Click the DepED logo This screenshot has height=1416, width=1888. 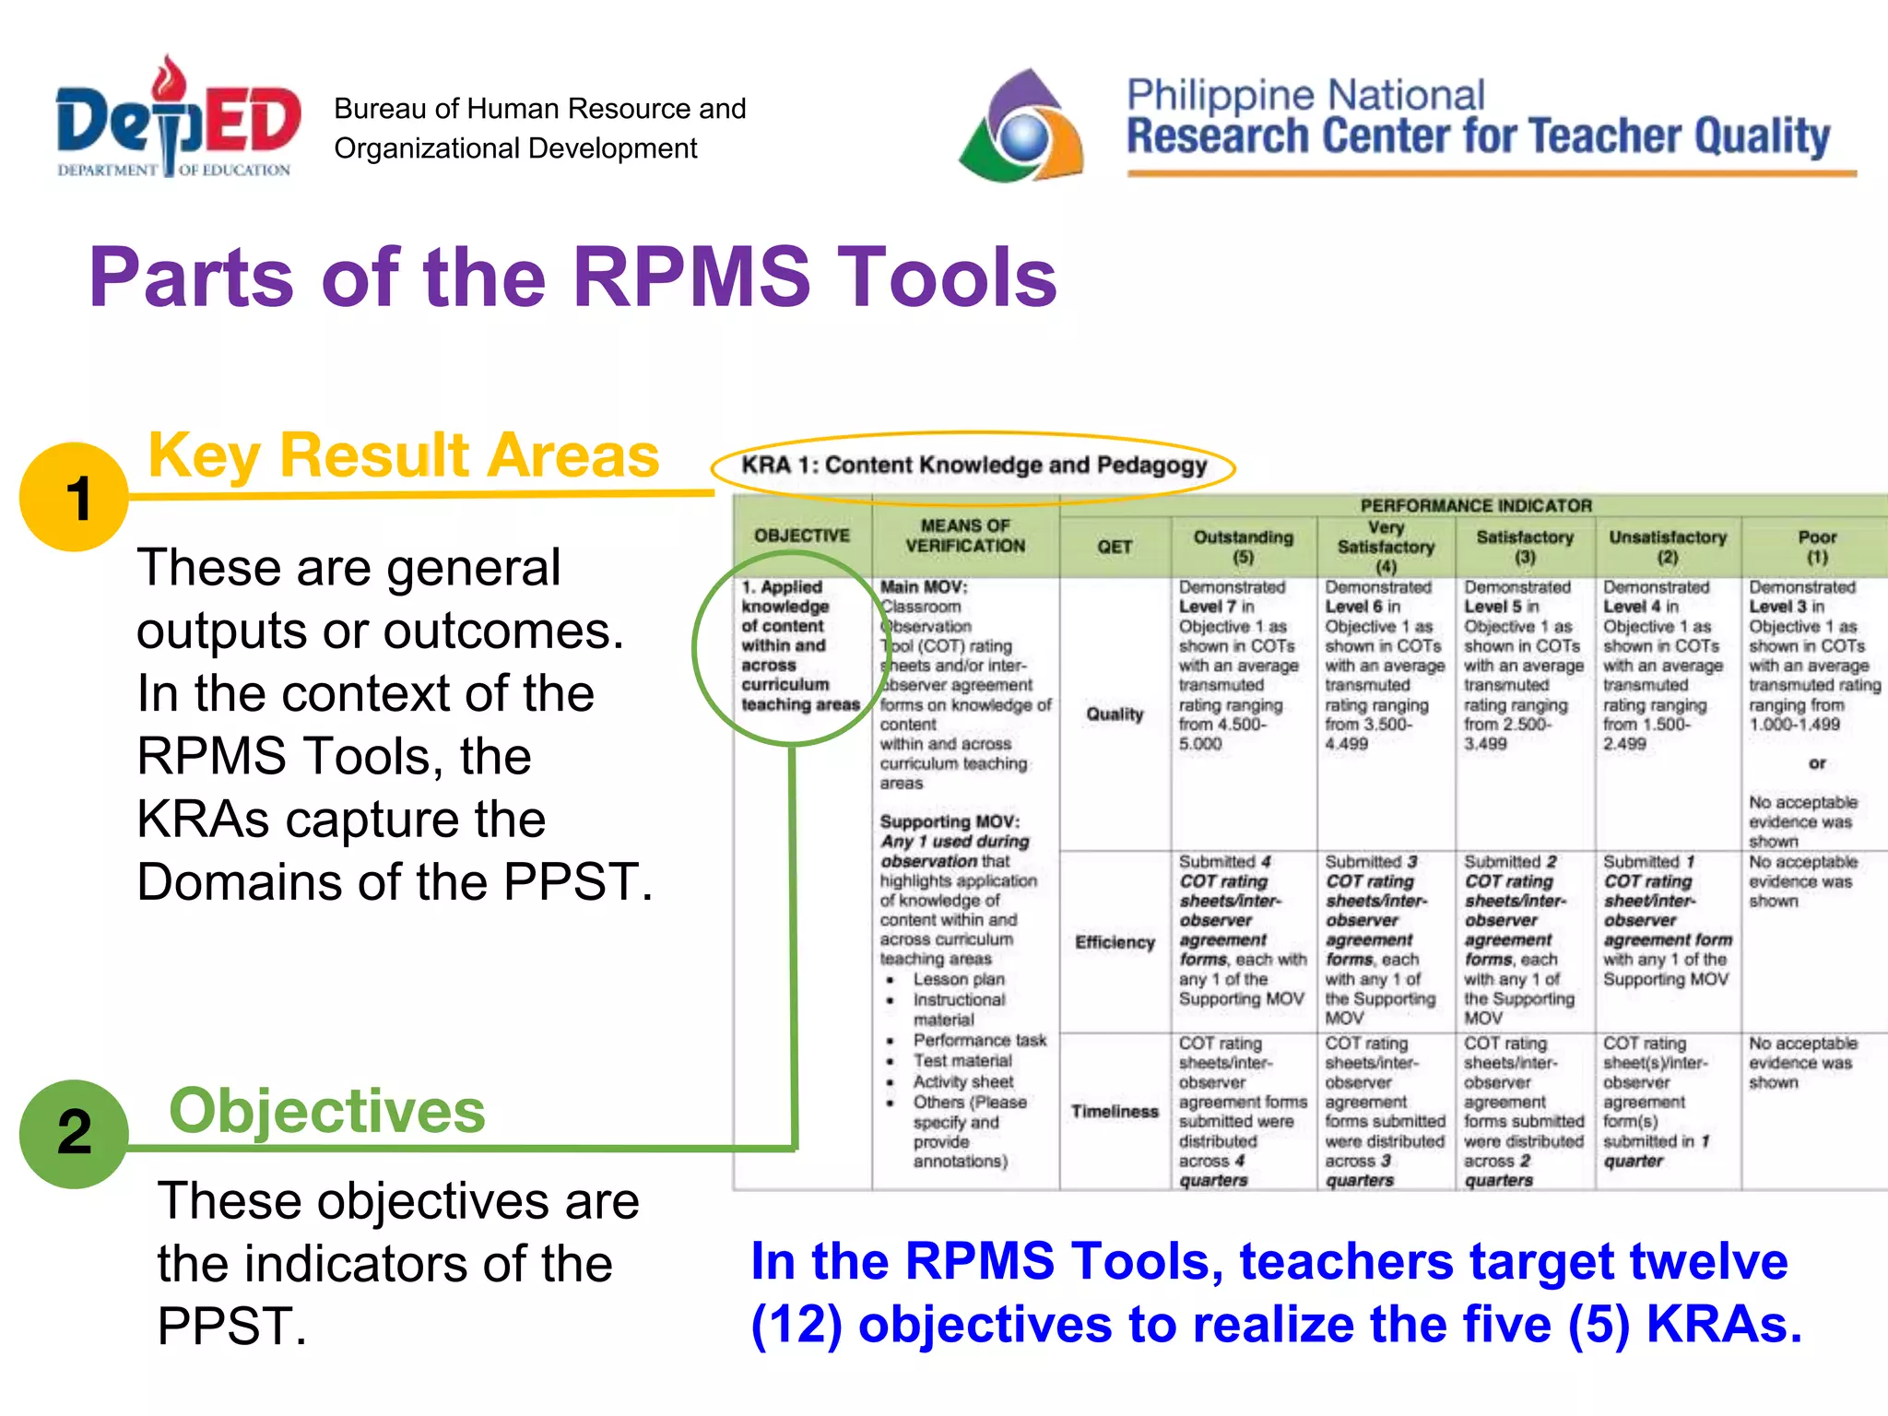point(177,120)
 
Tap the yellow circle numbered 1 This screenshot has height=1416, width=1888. point(74,497)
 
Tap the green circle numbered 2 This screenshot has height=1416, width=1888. point(74,1133)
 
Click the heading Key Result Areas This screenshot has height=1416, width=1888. point(404,455)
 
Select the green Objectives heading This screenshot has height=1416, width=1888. point(326,1111)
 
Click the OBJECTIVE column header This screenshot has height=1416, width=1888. point(802,536)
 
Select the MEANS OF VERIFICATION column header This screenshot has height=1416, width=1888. point(964,536)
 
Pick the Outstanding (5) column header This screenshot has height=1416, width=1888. point(1243,547)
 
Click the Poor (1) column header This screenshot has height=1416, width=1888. point(1816,547)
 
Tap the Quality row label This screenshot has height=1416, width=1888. point(1114,714)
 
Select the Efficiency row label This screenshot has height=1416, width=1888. point(1114,942)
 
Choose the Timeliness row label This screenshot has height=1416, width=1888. point(1114,1112)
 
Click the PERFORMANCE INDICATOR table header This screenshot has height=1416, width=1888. point(1475,505)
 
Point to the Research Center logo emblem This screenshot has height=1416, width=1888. point(1021,127)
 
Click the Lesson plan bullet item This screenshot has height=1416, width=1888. point(959,979)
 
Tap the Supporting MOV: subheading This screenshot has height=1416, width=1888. point(950,821)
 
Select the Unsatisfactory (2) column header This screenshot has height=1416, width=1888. point(1667,547)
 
